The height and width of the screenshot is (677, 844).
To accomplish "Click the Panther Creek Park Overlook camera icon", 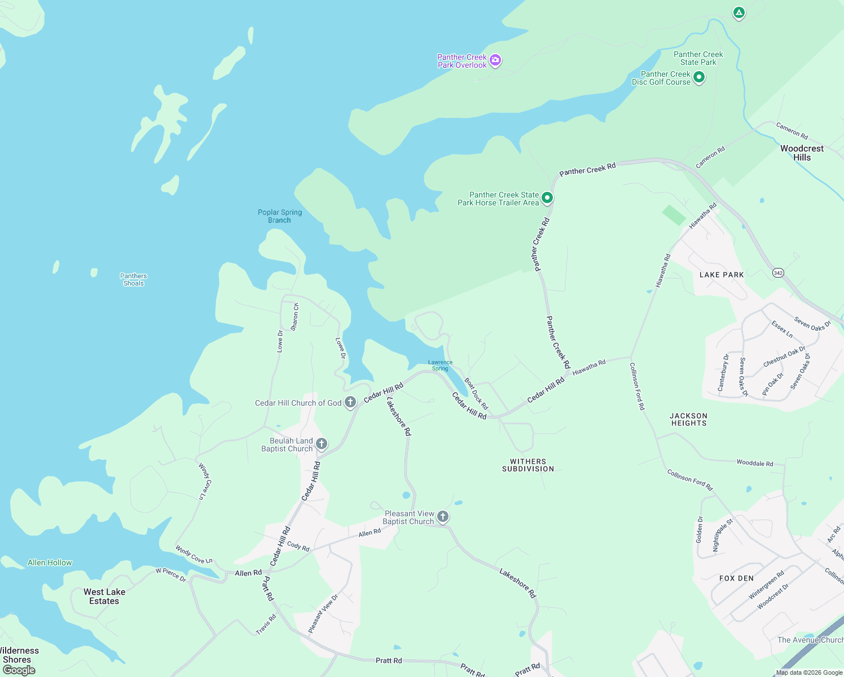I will [495, 60].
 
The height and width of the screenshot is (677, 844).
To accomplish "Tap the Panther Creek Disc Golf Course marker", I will [699, 77].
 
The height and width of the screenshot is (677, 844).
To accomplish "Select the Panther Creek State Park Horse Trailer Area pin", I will [547, 198].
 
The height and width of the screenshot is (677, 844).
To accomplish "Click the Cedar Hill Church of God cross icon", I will [350, 402].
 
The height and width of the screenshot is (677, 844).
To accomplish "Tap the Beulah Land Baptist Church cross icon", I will [322, 443].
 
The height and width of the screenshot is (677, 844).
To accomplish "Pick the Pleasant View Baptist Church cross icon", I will [443, 516].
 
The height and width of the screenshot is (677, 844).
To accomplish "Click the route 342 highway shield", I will [779, 273].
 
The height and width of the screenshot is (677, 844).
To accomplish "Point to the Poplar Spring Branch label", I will [280, 216].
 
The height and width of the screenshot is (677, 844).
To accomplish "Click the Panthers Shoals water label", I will [134, 280].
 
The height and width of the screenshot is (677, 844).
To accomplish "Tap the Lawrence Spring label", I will [440, 366].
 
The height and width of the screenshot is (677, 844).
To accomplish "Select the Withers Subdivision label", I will [528, 465].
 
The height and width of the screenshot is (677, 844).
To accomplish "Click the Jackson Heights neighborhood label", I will [688, 419].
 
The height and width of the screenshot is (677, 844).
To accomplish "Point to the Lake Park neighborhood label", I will [722, 275].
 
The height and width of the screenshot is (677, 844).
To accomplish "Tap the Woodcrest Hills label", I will [802, 153].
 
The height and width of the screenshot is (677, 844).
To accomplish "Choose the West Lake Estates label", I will [104, 596].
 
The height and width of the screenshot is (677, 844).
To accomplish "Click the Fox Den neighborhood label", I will [736, 578].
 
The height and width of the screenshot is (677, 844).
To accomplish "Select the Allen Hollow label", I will [50, 562].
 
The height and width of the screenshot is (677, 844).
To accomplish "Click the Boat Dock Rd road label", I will [476, 394].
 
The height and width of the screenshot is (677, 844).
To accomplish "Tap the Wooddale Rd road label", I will [755, 463].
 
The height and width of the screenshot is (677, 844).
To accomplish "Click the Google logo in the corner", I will [19, 670].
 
